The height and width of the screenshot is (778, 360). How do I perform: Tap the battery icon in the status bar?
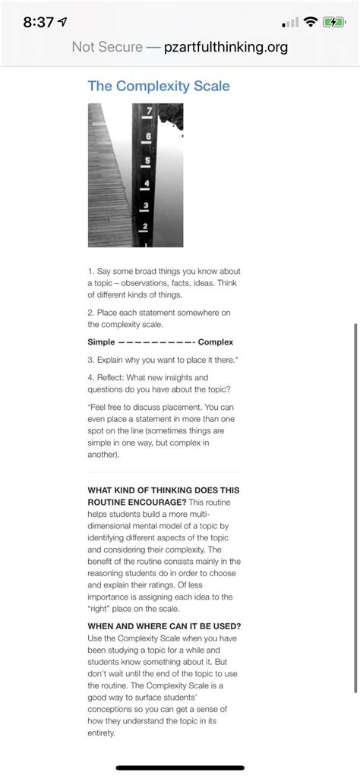pos(334,22)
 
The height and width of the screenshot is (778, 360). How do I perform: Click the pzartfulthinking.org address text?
pos(226,48)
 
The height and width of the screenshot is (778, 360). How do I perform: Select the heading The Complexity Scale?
pos(159,86)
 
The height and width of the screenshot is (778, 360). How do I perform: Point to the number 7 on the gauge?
pos(149,112)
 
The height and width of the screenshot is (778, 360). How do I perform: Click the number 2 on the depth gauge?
pos(144,227)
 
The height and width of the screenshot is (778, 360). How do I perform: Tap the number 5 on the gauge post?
pos(147,160)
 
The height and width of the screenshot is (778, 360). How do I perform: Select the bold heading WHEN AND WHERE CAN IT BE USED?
pos(165,625)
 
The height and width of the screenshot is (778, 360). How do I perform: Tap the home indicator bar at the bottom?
pos(180,768)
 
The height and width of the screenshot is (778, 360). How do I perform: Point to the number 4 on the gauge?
pos(146,184)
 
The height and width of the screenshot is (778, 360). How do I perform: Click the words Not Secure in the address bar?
pos(106,48)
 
